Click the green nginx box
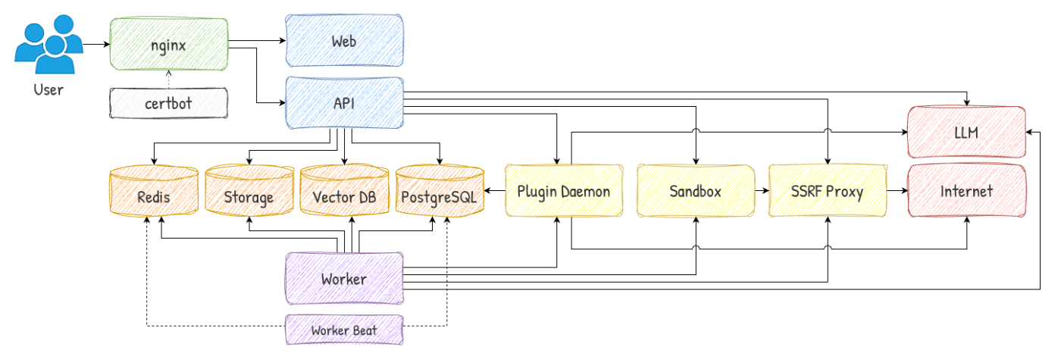point(168,44)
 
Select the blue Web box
point(343,42)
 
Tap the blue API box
point(343,103)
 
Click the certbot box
point(168,103)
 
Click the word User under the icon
point(49,90)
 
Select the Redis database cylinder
point(154,196)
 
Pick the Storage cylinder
point(249,196)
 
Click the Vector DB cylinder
point(344,196)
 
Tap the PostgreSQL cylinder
point(440,196)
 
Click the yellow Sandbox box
point(696,191)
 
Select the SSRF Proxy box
point(827,191)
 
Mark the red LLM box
point(967,133)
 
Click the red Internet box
point(967,191)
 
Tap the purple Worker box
point(343,279)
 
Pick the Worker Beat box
point(343,330)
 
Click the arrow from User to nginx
point(95,45)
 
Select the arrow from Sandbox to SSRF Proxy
point(761,191)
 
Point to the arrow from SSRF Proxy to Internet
point(897,191)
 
